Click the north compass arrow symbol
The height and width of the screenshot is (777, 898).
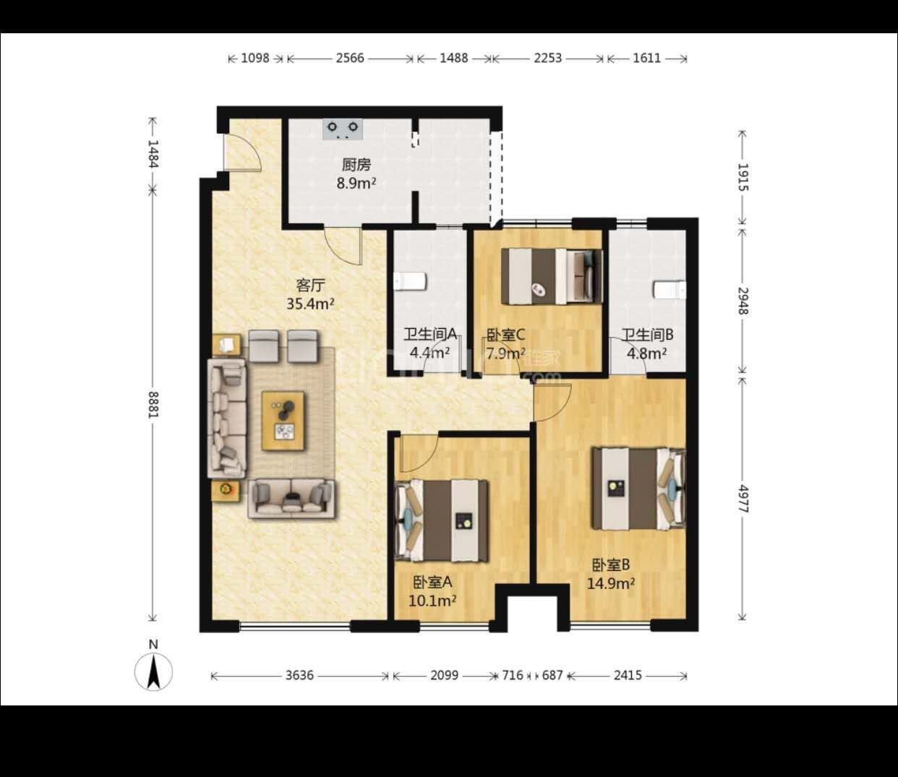153,672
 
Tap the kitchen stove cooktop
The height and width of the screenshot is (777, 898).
343,129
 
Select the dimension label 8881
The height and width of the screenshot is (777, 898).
153,404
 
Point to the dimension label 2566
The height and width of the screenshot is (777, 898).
350,59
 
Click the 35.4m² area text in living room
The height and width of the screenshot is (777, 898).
309,303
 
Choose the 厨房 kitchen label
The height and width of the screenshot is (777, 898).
356,165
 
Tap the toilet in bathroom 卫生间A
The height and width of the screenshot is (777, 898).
410,281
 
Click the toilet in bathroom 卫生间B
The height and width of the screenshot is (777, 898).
670,290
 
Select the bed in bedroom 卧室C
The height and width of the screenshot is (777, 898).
552,276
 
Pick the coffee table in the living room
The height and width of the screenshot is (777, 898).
283,421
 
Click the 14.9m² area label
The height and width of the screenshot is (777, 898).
611,583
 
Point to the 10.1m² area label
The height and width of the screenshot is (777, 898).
432,601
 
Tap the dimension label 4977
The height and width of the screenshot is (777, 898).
743,499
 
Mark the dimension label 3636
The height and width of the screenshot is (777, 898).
299,675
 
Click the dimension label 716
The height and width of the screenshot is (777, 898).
513,675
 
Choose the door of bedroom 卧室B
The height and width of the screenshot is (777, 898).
551,402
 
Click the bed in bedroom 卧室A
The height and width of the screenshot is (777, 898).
441,520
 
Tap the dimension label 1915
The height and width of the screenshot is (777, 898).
743,177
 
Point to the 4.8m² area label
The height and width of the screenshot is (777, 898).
647,353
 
